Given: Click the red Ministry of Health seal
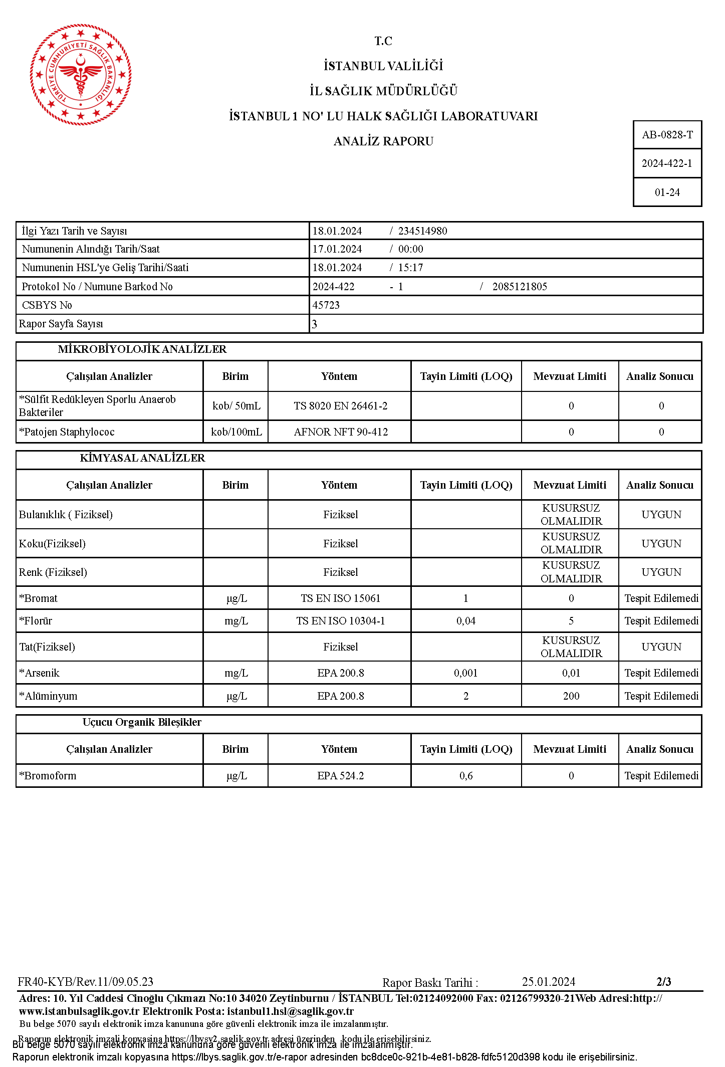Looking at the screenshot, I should point(80,74).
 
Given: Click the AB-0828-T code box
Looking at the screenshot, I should point(667,135).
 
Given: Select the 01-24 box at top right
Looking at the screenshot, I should point(667,192).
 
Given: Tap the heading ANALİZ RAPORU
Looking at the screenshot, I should point(383,141).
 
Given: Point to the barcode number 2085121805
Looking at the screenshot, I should point(520,287).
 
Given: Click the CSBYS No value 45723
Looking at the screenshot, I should point(326,305).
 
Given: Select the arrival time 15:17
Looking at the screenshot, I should point(410,268).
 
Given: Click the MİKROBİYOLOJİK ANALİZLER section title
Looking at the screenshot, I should point(142,349).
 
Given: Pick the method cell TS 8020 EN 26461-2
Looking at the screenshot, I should point(340,406).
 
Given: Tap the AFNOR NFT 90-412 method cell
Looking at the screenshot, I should point(341,432).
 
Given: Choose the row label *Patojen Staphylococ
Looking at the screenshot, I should point(67,432).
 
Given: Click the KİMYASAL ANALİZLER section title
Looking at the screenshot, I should point(142,458).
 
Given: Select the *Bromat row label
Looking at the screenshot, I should point(39,598).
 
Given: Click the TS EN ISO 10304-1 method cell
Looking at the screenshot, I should point(340,621).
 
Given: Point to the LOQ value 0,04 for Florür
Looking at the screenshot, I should point(466,621).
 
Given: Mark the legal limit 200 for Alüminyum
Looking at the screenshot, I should point(571,696).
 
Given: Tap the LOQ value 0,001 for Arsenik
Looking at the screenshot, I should point(466,673).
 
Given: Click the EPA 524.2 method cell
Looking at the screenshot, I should point(340,776).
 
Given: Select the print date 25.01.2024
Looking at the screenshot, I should point(549,982).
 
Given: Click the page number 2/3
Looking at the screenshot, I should point(664,982).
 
